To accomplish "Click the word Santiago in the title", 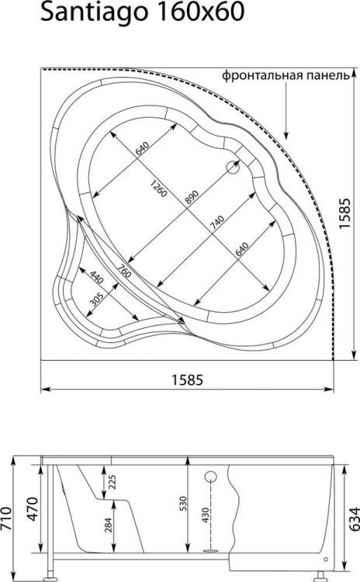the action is [x=95, y=13].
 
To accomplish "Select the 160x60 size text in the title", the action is [x=201, y=12].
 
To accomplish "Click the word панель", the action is [x=328, y=76].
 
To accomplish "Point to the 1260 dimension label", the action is [x=159, y=189].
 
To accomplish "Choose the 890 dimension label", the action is [x=192, y=197].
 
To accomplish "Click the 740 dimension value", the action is [x=217, y=223].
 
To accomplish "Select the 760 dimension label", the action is [x=124, y=271].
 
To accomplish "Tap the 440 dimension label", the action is [x=96, y=276].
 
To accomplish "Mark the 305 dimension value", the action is [x=97, y=299].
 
